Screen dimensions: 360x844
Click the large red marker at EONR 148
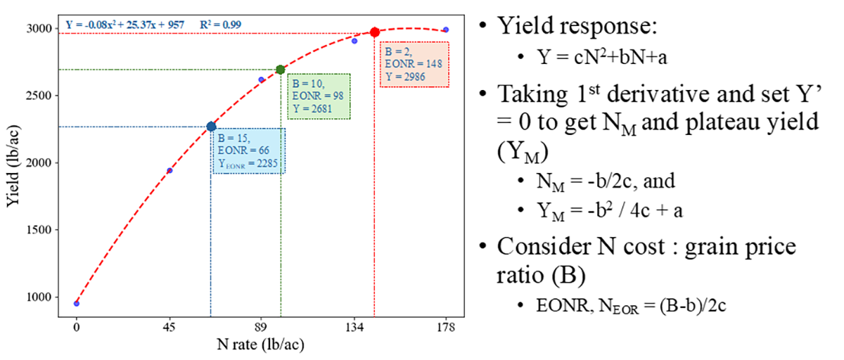coord(375,32)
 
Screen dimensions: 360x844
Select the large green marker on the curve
coord(281,70)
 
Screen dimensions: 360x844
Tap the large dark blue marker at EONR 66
coord(211,127)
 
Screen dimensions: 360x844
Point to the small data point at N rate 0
coord(77,304)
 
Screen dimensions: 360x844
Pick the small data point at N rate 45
coord(170,171)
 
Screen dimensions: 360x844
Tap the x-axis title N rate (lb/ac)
coord(262,345)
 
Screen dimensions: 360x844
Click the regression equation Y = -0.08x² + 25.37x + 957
coord(125,25)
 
